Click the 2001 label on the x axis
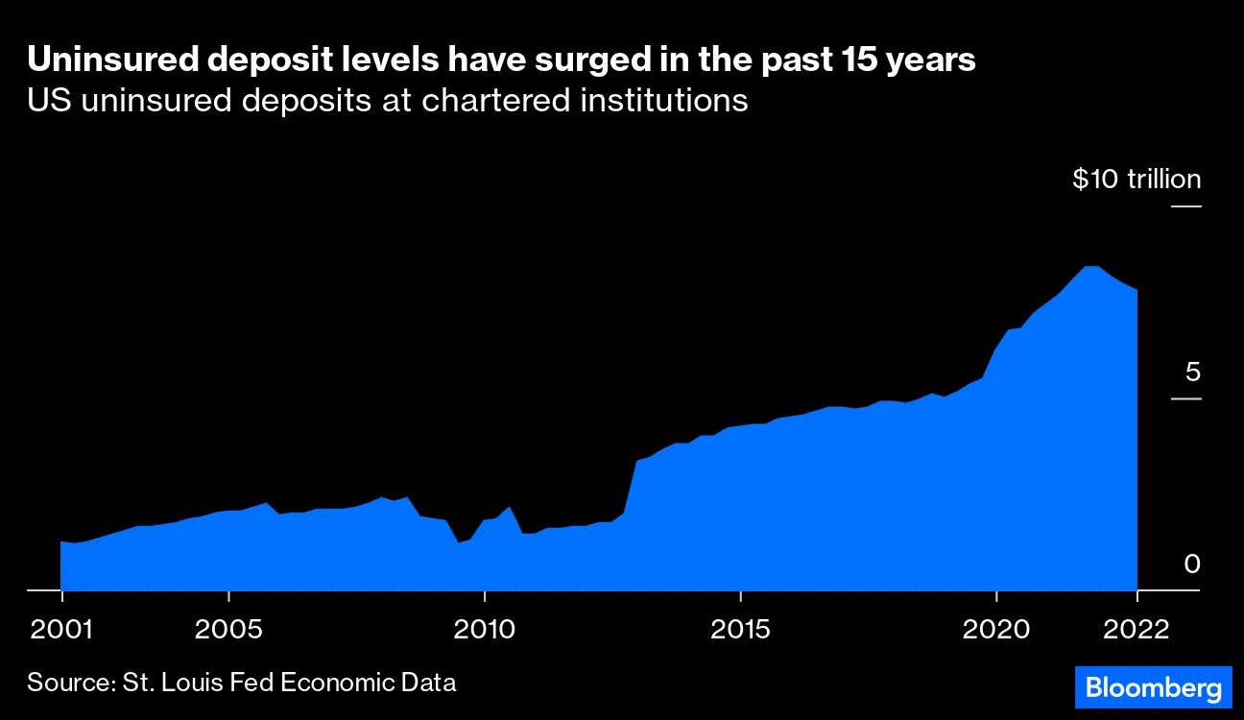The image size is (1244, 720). click(61, 630)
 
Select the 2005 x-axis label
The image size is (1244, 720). click(228, 630)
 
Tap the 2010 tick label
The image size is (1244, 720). click(485, 630)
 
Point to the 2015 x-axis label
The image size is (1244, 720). click(740, 630)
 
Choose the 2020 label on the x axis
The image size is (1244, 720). click(996, 630)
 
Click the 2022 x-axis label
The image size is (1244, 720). click(1137, 630)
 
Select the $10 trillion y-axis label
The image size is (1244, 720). click(1136, 180)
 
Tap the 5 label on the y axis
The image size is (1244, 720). click(1191, 372)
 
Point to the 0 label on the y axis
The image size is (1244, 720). click(1191, 564)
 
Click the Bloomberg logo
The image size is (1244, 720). click(1152, 687)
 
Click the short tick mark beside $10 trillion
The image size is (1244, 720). click(1185, 206)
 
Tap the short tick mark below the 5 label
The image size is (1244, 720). click(1185, 398)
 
